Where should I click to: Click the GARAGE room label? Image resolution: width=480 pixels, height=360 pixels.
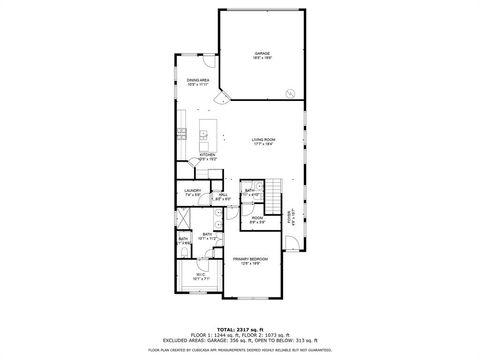pos(262,52)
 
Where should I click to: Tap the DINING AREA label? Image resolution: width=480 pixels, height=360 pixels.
pos(197,79)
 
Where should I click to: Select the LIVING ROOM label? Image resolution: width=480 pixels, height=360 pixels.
pos(262,140)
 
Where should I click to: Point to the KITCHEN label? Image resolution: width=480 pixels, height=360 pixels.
pos(207,154)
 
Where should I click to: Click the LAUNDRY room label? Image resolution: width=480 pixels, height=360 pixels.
pos(193,190)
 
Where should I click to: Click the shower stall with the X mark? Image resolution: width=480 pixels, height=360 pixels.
pos(184,217)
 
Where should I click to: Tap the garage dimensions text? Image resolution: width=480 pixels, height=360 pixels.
pos(262,58)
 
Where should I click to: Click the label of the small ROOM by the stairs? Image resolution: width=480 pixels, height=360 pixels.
pos(257,217)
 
